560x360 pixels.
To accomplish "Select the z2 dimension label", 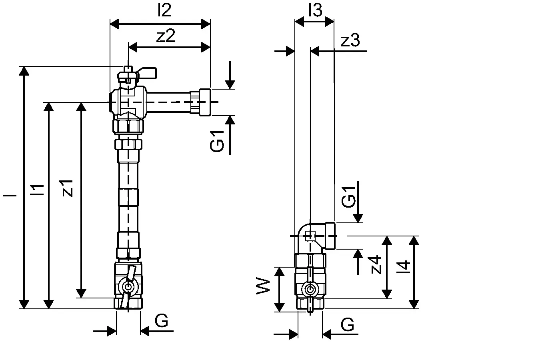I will tap(166, 36).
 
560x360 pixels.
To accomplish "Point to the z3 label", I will tap(350, 40).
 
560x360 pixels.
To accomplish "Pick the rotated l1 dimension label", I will tap(37, 190).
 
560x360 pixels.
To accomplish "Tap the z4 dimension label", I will tap(376, 264).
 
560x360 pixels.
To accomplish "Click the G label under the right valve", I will tap(348, 325).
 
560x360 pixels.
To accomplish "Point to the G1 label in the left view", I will tap(217, 140).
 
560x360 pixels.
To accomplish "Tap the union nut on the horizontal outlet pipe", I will tap(200, 102).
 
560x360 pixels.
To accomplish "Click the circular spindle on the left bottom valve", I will tap(128, 287).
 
